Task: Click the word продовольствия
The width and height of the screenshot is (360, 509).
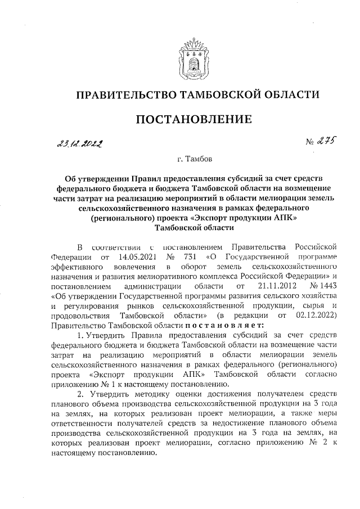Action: (x=78, y=315)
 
